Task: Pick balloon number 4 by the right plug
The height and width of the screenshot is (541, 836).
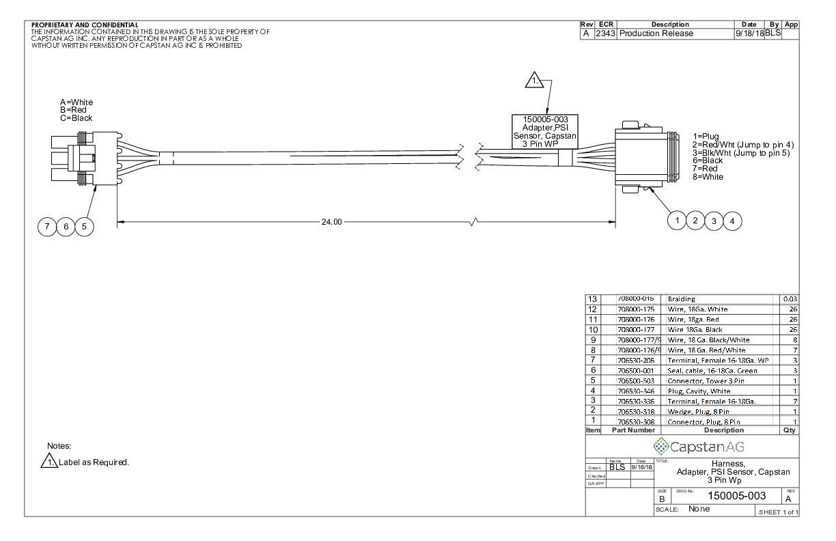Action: click(732, 221)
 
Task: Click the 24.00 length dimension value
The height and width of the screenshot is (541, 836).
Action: click(332, 222)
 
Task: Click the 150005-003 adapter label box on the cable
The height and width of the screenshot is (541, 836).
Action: click(546, 131)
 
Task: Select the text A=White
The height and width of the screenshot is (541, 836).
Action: click(76, 102)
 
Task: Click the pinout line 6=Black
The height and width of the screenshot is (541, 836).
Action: click(708, 161)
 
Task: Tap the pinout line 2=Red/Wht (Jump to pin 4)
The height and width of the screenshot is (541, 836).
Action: click(743, 145)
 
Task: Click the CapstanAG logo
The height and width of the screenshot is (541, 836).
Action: click(698, 447)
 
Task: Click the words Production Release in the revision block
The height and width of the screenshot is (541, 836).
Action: click(656, 33)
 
